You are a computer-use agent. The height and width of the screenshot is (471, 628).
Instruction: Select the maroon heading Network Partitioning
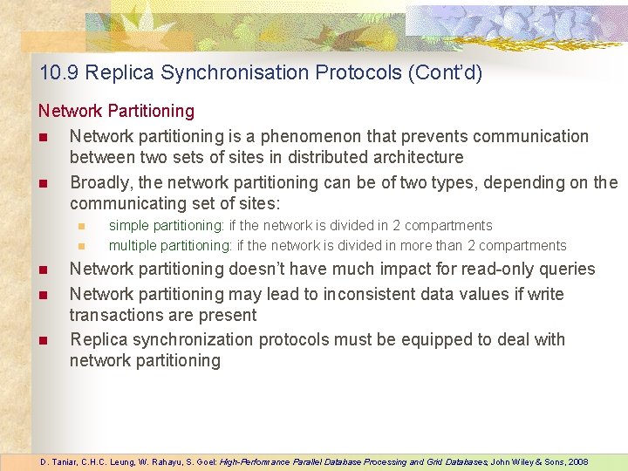[x=116, y=111]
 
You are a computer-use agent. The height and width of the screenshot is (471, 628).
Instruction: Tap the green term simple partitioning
[x=166, y=226]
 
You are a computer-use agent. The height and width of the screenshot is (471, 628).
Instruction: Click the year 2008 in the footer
[x=577, y=461]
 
